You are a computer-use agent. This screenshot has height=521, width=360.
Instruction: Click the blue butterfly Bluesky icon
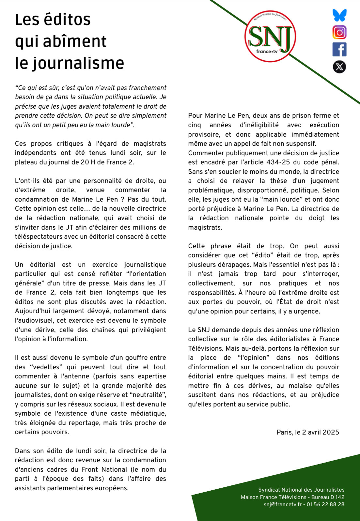pyautogui.click(x=339, y=15)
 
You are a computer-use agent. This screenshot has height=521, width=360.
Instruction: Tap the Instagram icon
pyautogui.click(x=339, y=32)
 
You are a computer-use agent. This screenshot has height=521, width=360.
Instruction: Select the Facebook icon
pyautogui.click(x=339, y=50)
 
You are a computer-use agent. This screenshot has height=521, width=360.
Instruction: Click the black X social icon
pyautogui.click(x=339, y=67)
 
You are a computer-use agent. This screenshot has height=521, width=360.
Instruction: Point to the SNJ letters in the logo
pyautogui.click(x=270, y=37)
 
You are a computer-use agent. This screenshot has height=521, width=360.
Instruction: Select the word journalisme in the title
pyautogui.click(x=78, y=63)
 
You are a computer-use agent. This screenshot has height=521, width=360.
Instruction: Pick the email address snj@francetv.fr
pyautogui.click(x=283, y=504)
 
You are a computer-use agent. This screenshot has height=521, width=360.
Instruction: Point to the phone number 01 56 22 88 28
pyautogui.click(x=325, y=504)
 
